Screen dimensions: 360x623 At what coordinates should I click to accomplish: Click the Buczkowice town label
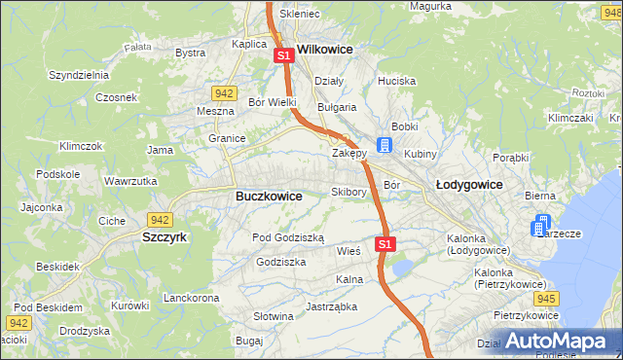(269, 196)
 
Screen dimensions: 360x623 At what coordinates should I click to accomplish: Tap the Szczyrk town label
(165, 236)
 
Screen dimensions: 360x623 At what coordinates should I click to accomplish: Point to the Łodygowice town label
(468, 184)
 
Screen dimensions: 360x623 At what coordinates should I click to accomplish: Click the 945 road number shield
(546, 299)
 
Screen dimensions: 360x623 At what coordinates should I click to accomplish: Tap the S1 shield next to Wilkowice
(283, 56)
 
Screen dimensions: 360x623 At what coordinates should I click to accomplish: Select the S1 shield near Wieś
(385, 244)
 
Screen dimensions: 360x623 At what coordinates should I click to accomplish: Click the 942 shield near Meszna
(224, 93)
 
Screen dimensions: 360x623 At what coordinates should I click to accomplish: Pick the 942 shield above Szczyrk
(160, 220)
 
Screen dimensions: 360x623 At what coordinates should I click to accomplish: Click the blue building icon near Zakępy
(385, 146)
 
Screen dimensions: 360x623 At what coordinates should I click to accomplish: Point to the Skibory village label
(348, 192)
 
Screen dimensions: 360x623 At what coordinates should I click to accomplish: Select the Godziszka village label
(280, 262)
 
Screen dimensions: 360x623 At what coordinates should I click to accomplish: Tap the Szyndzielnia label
(83, 75)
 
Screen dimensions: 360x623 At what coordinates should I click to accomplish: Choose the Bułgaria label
(337, 107)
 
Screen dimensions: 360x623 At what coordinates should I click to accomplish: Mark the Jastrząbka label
(331, 306)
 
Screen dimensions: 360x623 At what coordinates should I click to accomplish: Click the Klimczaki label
(570, 117)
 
